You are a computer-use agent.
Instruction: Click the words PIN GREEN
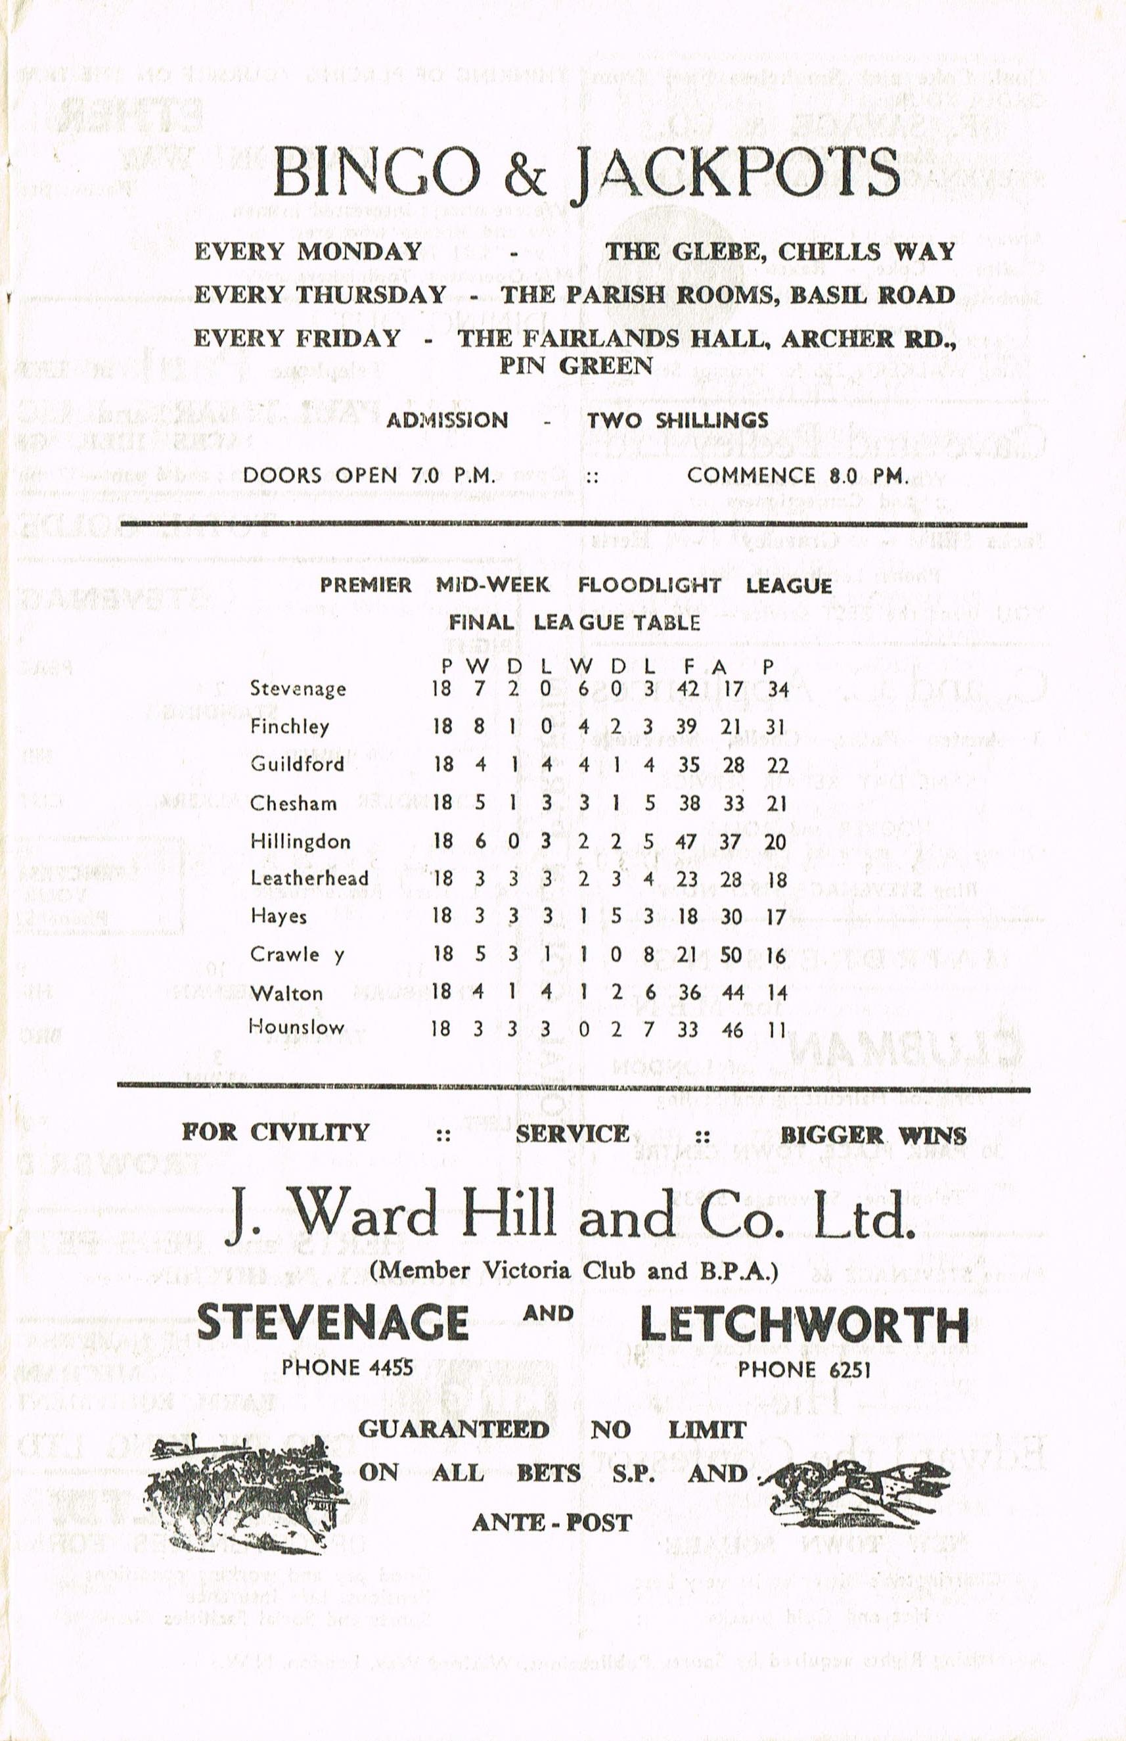[x=575, y=366]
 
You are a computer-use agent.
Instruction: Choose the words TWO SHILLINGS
[x=677, y=420]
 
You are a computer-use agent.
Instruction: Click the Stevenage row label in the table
[x=298, y=689]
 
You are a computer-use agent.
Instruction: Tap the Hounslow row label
[x=296, y=1027]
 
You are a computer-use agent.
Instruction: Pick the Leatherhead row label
[x=309, y=878]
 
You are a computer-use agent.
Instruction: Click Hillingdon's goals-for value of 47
[x=686, y=841]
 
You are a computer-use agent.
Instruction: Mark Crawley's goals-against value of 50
[x=732, y=956]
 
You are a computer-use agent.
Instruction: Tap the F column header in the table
[x=688, y=666]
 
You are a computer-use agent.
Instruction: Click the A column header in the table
[x=719, y=666]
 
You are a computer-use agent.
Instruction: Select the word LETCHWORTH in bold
[x=803, y=1325]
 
